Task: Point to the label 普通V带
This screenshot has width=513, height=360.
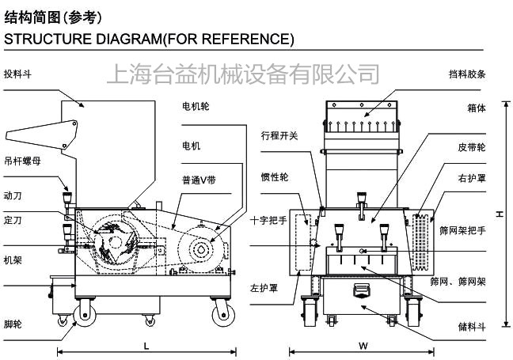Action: click(198, 180)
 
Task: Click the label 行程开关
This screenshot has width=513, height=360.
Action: click(279, 135)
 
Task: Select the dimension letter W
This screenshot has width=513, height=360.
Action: click(363, 346)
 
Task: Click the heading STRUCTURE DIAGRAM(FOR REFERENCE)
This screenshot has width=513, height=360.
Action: click(149, 39)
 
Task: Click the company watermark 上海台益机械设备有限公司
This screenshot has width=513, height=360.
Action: click(242, 75)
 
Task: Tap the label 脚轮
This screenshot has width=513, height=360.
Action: click(13, 325)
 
